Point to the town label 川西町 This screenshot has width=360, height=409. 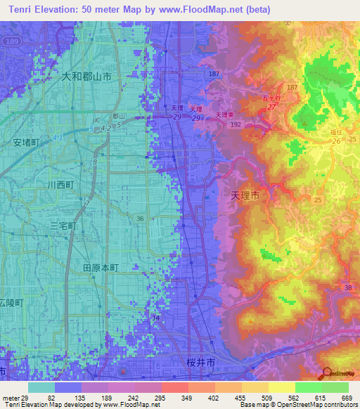61,185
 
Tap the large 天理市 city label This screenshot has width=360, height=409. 245,198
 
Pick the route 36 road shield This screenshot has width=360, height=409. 141,219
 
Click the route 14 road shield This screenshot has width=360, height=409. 155,318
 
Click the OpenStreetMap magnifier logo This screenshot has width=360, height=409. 327,374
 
